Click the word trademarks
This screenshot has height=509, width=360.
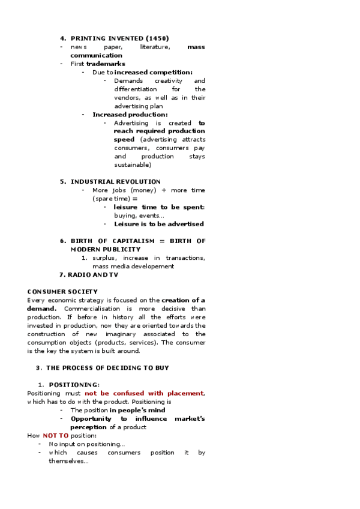click(106, 64)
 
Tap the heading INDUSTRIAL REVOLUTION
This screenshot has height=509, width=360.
click(116, 181)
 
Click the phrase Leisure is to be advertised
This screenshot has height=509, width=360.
click(159, 224)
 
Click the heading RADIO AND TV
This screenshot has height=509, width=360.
click(93, 274)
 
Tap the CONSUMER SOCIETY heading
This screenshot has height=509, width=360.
click(62, 292)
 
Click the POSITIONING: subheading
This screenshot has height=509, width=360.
click(74, 385)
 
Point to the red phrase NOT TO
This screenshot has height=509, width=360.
click(55, 435)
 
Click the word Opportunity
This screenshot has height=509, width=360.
click(91, 418)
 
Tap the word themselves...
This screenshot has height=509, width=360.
click(68, 461)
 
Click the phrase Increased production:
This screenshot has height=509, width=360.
click(130, 114)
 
